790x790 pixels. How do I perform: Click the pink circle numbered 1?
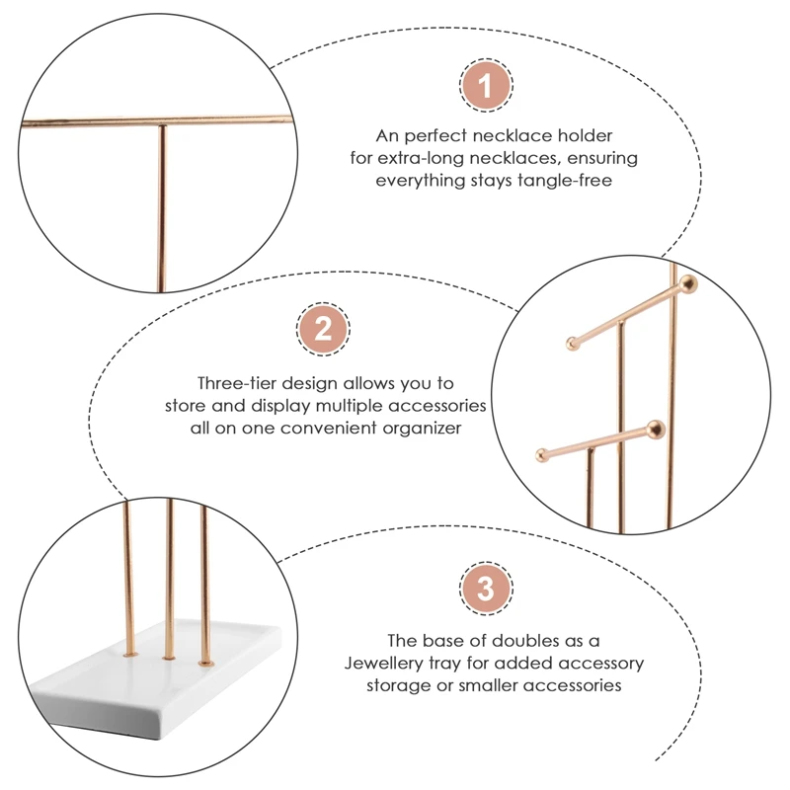tap(486, 86)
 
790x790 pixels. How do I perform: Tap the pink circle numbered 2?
tap(323, 329)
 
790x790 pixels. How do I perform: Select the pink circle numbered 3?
tap(486, 588)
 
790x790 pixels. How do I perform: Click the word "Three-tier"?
tap(237, 383)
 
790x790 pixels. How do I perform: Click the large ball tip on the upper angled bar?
tap(688, 284)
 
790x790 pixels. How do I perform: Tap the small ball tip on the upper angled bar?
tap(573, 344)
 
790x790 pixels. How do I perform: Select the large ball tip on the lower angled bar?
tap(656, 430)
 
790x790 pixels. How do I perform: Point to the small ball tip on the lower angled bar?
tap(541, 455)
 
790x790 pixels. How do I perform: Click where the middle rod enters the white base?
tap(169, 658)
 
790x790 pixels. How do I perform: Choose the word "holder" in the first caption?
tap(585, 135)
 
